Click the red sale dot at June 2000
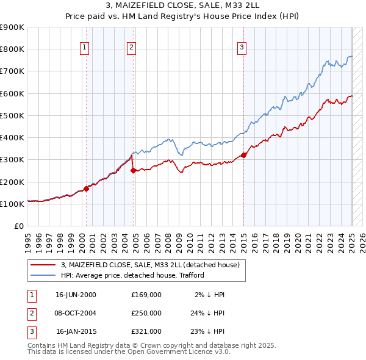point(86,189)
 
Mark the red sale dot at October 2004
point(134,170)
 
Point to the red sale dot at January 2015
point(244,154)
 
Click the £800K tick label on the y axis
point(12,49)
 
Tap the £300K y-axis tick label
point(12,160)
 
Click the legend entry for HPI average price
point(132,275)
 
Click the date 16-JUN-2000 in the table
point(76,295)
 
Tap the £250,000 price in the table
point(146,313)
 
